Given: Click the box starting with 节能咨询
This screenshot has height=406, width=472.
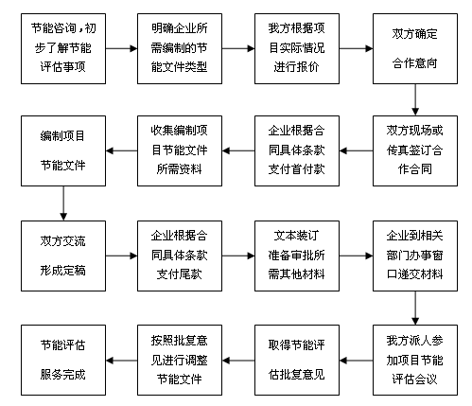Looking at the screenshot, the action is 63,48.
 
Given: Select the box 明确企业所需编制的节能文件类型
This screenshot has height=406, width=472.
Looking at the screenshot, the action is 180,48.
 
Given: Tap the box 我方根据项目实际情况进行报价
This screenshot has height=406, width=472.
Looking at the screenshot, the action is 297,48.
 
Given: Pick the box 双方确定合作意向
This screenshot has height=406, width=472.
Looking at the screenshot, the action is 415,48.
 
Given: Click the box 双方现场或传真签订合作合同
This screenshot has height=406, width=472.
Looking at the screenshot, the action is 415,150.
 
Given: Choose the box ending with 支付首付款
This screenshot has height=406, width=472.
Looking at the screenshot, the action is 297,150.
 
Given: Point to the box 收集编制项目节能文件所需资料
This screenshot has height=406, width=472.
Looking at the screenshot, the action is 180,150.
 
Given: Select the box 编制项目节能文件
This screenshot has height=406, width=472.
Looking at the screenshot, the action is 63,150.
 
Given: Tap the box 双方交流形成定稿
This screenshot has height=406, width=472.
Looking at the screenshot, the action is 63,256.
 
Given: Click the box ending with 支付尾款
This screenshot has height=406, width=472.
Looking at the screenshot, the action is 180,256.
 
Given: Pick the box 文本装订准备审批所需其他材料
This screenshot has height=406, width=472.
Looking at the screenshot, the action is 297,256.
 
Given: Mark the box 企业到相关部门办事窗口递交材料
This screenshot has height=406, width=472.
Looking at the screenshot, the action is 415,256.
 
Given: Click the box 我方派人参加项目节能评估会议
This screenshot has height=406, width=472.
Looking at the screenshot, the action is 415,361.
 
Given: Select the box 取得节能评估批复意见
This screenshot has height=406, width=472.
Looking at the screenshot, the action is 297,361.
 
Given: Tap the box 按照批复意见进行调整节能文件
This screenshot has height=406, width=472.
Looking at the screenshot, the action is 180,361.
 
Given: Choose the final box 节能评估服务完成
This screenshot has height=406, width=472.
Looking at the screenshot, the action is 63,361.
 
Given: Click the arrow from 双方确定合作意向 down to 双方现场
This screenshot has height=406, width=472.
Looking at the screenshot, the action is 415,99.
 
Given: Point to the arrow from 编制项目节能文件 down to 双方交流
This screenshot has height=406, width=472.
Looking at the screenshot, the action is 63,203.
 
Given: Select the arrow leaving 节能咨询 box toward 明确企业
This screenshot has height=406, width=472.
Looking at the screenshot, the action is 122,48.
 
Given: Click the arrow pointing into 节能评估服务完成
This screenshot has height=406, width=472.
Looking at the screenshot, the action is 122,361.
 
